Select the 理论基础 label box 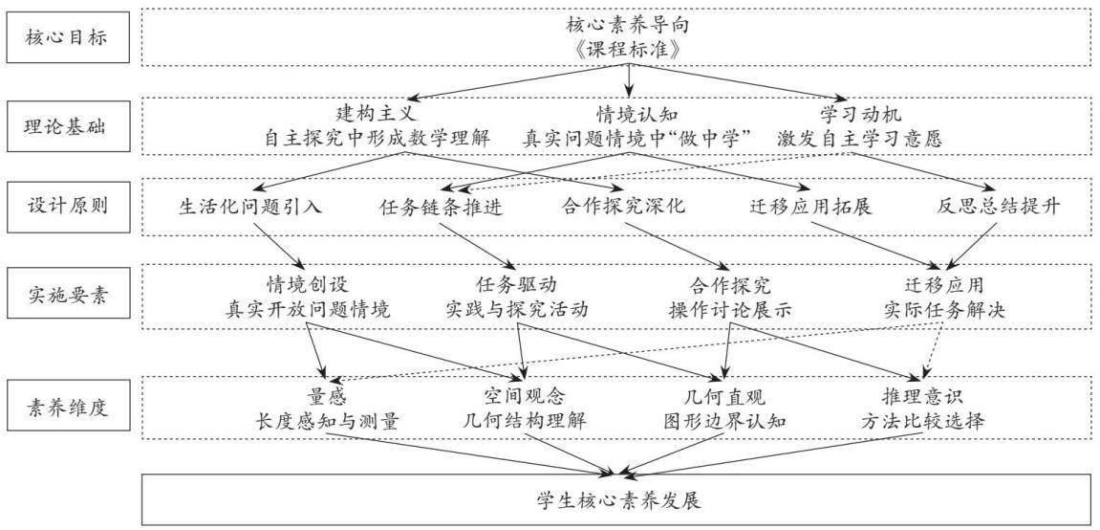click(x=67, y=126)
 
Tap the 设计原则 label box click(x=67, y=207)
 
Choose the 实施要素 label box click(x=67, y=293)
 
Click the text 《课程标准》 click(x=627, y=50)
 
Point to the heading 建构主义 click(x=377, y=112)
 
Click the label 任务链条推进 click(x=441, y=208)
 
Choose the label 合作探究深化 click(x=624, y=208)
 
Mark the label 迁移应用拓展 click(x=810, y=208)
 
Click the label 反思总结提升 click(x=999, y=208)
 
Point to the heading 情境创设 click(x=308, y=284)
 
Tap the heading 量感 click(x=328, y=396)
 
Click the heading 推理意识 click(x=923, y=396)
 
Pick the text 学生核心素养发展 click(x=618, y=500)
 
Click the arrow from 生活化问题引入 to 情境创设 click(x=278, y=247)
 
